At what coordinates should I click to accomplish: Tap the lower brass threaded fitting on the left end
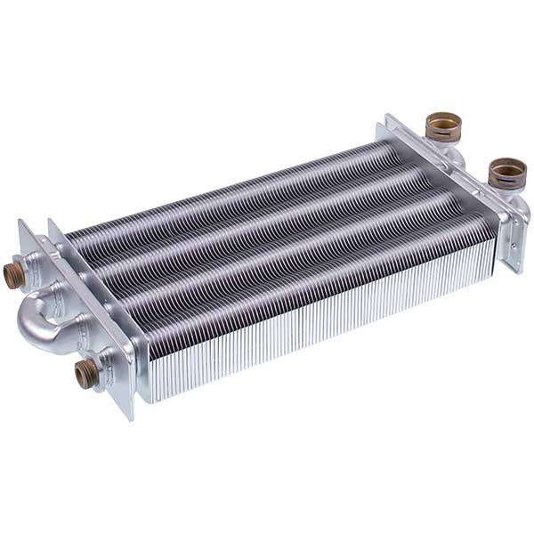click(x=85, y=374)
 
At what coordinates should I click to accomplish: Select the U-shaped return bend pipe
click(x=40, y=320)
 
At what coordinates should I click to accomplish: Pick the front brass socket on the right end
click(x=506, y=173)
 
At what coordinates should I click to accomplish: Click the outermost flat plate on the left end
click(x=31, y=267)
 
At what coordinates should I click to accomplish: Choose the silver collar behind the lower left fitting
click(x=105, y=365)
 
